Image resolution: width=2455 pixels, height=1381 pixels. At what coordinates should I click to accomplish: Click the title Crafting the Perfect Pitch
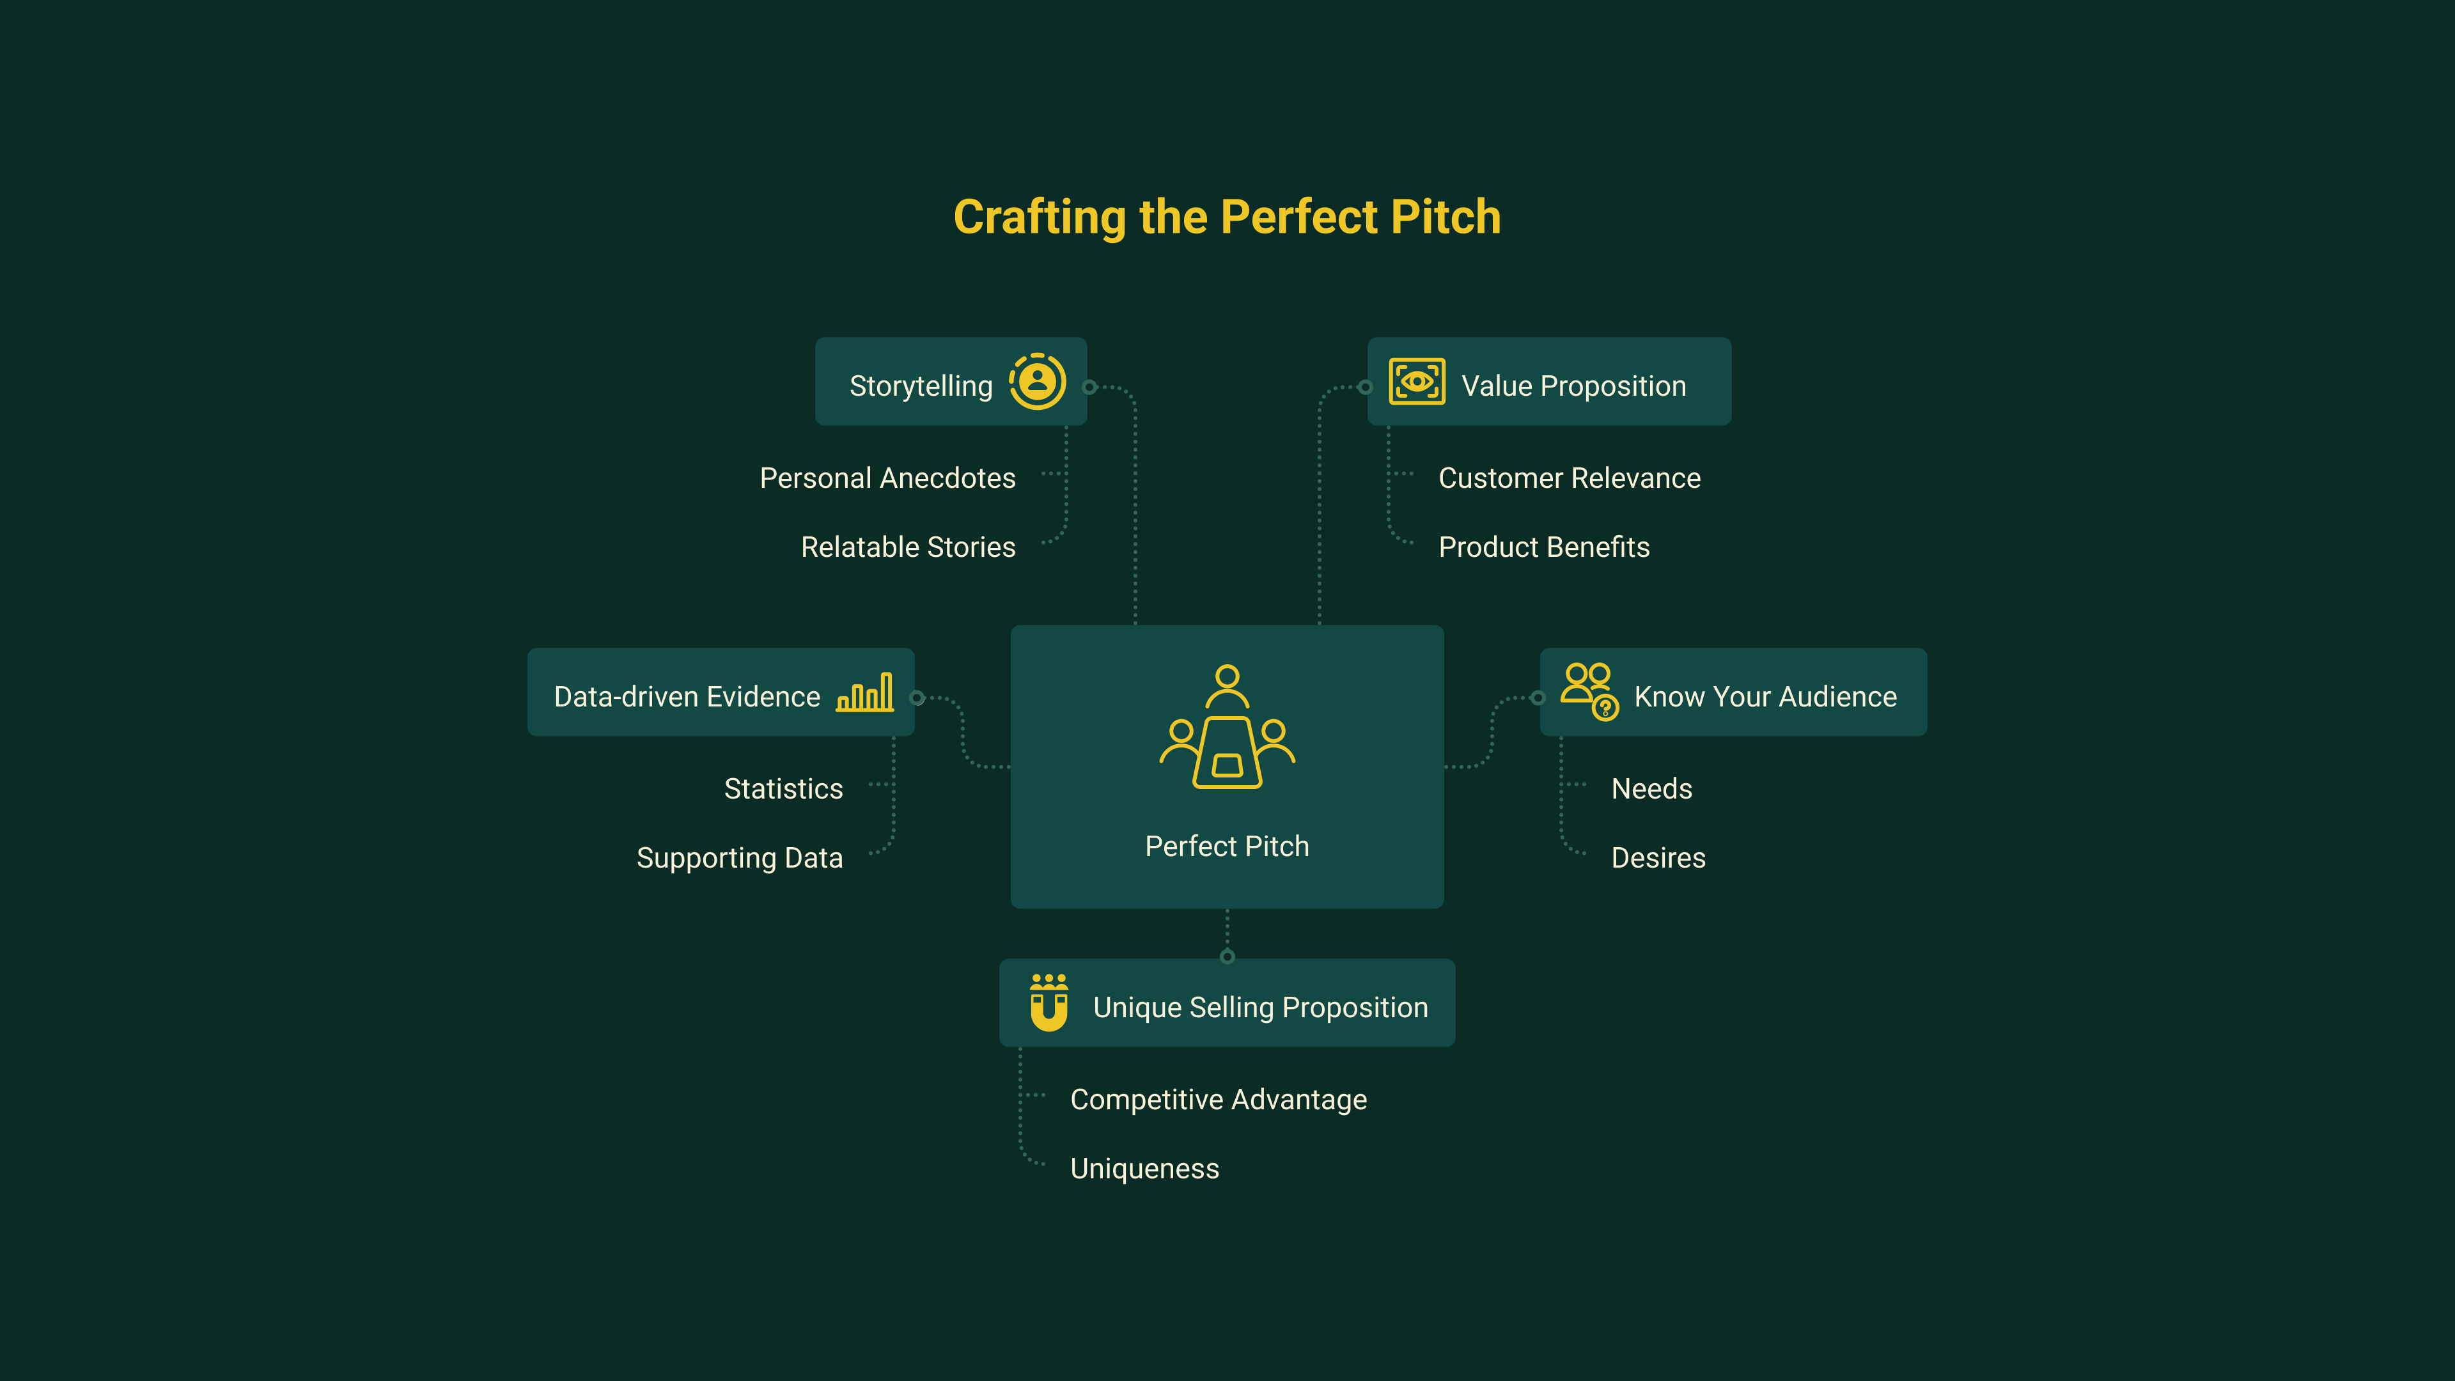1227,217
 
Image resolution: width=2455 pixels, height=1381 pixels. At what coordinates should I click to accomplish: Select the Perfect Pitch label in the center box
1227,847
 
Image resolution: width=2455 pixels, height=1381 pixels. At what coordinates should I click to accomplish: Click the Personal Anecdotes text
887,478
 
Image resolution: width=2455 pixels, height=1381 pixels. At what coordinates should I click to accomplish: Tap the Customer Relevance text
1569,478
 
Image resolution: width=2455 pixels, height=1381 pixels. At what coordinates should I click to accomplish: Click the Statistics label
783,789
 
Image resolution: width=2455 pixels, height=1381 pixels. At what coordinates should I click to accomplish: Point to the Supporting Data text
740,858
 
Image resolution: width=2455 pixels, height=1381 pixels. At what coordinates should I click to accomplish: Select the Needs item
1651,789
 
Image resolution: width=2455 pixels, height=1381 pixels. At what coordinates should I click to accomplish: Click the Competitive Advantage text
1218,1100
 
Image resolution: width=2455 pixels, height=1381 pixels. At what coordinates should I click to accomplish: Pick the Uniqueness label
1144,1169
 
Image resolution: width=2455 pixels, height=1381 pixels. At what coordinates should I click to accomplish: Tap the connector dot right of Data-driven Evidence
917,698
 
